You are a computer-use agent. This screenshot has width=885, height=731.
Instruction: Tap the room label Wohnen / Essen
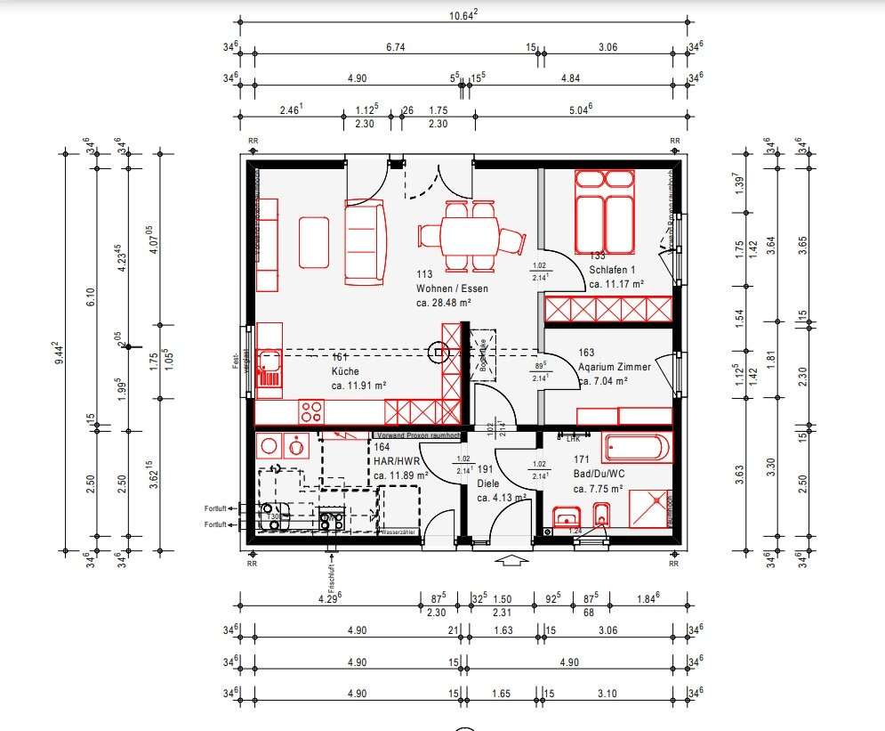(x=452, y=288)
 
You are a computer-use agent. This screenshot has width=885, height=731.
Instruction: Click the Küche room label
(x=344, y=371)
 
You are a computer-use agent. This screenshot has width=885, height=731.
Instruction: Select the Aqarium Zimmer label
(x=614, y=367)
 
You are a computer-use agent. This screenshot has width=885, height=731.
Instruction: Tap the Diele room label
(x=488, y=483)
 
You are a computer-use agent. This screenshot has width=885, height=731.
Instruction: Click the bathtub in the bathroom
(x=636, y=447)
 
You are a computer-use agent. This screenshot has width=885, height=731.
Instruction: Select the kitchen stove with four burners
(x=311, y=411)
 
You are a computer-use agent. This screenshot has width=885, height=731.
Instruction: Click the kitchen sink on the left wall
(x=269, y=365)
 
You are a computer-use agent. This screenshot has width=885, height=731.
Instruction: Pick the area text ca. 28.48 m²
(x=443, y=303)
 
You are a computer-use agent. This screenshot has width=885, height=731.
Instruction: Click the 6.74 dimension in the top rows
(x=396, y=46)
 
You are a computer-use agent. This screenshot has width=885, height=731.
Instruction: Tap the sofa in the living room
(x=365, y=242)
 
